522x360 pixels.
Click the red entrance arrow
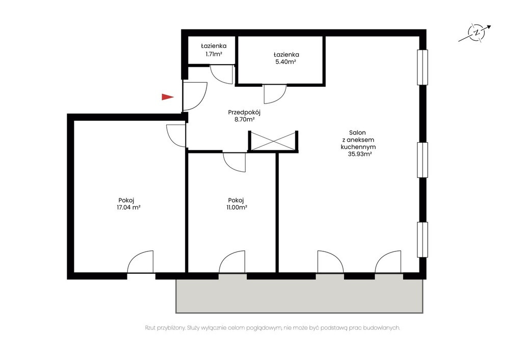[x=167, y=97]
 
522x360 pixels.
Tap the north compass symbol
[x=475, y=33]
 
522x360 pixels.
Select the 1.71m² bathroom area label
[x=214, y=54]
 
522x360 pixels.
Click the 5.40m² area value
[x=286, y=62]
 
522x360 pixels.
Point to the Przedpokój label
[x=244, y=112]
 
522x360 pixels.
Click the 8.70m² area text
[x=245, y=119]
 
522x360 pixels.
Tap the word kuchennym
[x=358, y=147]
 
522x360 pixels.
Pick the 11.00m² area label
[x=237, y=208]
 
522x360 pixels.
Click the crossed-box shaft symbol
[x=273, y=141]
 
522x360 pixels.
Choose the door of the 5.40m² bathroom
[x=275, y=94]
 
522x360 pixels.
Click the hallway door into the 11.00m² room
[x=234, y=162]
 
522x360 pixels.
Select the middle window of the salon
[x=423, y=160]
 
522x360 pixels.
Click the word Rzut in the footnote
[x=151, y=328]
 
